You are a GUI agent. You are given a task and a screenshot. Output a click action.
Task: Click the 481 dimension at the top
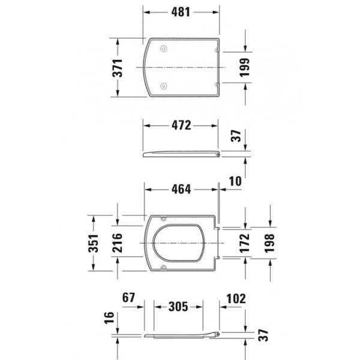click(181, 12)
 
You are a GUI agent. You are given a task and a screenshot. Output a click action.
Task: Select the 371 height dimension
click(118, 68)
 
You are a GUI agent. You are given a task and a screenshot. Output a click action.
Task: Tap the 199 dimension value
click(245, 67)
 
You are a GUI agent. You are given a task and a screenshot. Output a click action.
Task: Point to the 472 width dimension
click(181, 125)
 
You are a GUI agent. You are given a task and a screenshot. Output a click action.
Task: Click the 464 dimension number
click(181, 190)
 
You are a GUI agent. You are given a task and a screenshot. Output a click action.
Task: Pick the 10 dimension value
click(235, 181)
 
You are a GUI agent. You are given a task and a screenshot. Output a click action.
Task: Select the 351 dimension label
click(93, 244)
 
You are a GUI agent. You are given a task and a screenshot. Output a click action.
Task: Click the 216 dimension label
click(117, 242)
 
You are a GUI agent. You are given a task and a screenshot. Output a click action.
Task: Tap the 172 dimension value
click(245, 243)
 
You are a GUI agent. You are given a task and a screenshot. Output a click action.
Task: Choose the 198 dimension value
click(269, 243)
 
